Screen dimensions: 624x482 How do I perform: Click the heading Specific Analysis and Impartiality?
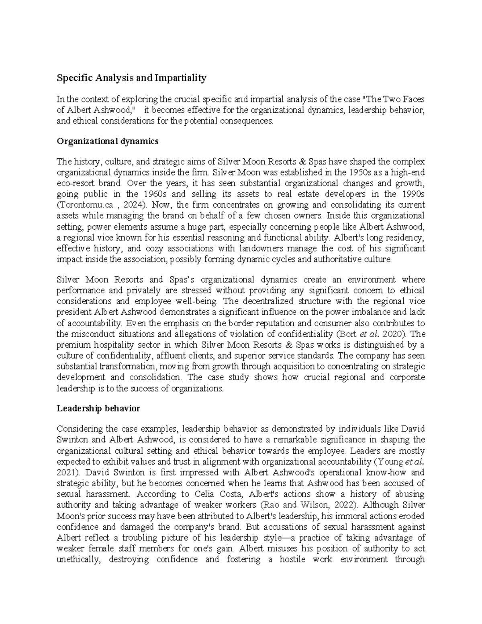[131, 78]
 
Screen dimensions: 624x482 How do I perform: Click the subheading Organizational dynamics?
[108, 141]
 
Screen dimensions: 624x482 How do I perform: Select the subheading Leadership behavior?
[98, 408]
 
